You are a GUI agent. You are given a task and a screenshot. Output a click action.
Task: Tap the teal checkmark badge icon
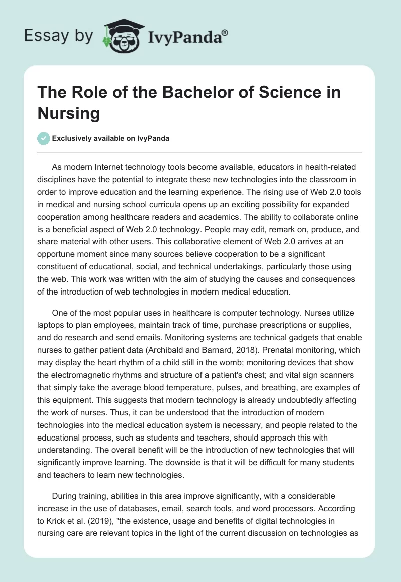pyautogui.click(x=44, y=138)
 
